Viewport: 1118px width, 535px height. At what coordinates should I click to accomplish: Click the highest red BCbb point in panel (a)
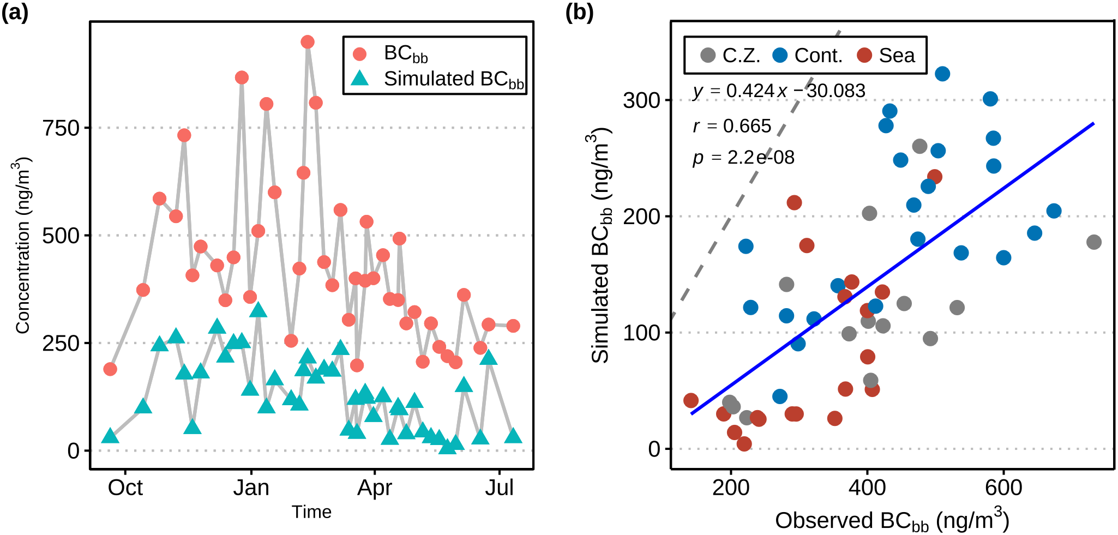pyautogui.click(x=308, y=42)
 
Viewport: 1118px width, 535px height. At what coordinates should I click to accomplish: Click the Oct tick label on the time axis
pyautogui.click(x=125, y=488)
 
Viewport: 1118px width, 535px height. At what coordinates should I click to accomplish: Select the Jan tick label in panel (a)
pyautogui.click(x=251, y=488)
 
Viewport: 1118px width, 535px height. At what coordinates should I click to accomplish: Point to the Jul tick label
pyautogui.click(x=500, y=488)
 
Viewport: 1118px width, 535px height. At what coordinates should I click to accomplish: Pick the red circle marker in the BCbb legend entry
pyautogui.click(x=360, y=53)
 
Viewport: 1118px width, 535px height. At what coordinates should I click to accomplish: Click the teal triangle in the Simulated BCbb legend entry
pyautogui.click(x=360, y=79)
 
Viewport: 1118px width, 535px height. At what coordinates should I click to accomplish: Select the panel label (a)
pyautogui.click(x=15, y=12)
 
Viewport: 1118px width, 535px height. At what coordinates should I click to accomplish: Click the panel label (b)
pyautogui.click(x=579, y=12)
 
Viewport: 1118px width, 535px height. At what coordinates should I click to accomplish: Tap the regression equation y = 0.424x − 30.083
pyautogui.click(x=779, y=91)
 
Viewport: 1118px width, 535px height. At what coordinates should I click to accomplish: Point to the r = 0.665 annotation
pyautogui.click(x=732, y=126)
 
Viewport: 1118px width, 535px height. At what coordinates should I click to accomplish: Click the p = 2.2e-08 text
pyautogui.click(x=743, y=158)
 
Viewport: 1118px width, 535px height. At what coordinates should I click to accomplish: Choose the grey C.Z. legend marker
pyautogui.click(x=708, y=55)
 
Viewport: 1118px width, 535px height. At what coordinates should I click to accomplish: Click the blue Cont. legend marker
pyautogui.click(x=780, y=55)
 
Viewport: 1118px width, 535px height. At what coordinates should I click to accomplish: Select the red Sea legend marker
pyautogui.click(x=864, y=55)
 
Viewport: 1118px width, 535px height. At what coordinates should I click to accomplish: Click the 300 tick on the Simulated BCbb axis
pyautogui.click(x=641, y=100)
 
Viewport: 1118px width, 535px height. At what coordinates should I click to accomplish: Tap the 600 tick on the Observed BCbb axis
pyautogui.click(x=1003, y=488)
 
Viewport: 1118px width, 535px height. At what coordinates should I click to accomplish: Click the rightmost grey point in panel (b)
pyautogui.click(x=1093, y=242)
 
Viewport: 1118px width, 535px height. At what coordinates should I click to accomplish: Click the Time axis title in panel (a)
pyautogui.click(x=311, y=512)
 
